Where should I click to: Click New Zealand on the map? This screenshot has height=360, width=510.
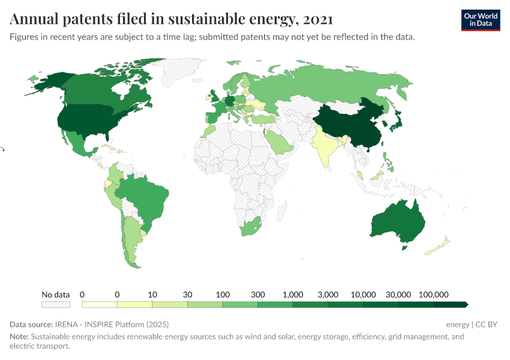click(439, 247)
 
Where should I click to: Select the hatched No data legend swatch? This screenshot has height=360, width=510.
click(55, 305)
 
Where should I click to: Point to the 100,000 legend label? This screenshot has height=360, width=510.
click(433, 295)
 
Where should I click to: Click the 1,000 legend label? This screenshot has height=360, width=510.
click(292, 295)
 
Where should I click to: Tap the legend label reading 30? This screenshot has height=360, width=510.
click(187, 295)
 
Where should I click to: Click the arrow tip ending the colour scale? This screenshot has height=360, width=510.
click(466, 305)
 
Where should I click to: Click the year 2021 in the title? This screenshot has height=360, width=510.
click(318, 19)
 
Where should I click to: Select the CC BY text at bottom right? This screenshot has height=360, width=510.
click(487, 324)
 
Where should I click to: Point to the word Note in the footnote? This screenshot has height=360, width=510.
click(19, 337)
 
